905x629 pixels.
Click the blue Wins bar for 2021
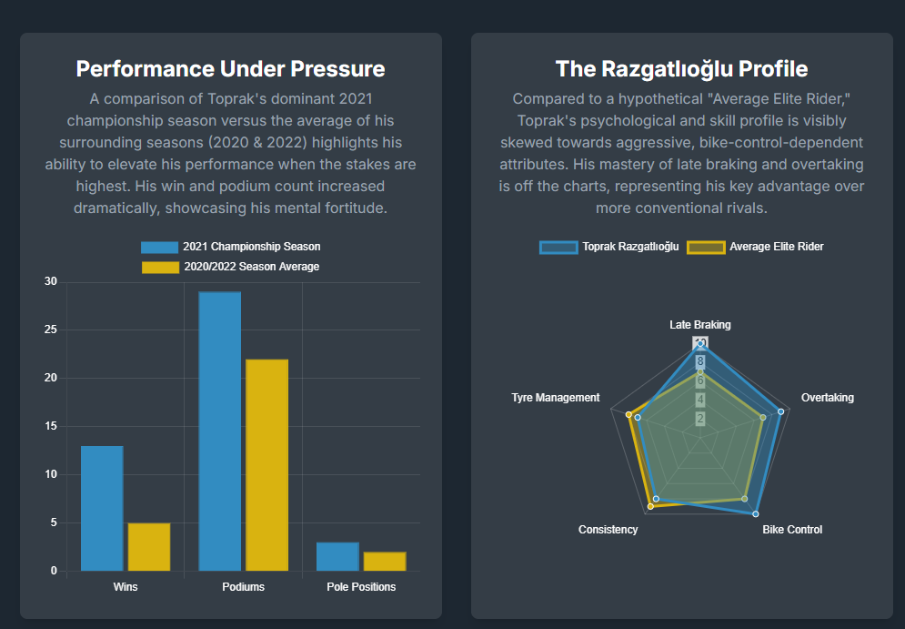click(x=102, y=508)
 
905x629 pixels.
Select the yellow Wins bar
click(x=149, y=546)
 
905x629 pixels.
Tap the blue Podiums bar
click(x=220, y=431)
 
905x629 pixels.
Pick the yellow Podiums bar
click(x=266, y=465)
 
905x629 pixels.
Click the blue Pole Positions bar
click(x=337, y=556)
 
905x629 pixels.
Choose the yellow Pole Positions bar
click(x=385, y=561)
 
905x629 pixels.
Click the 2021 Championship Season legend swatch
click(x=159, y=247)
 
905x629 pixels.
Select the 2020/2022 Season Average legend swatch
click(x=160, y=267)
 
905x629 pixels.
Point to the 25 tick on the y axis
click(x=50, y=330)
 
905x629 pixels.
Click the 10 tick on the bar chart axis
click(x=50, y=474)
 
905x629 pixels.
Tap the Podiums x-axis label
click(x=243, y=587)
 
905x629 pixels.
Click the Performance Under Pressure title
click(x=230, y=69)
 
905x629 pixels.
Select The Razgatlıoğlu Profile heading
click(x=681, y=69)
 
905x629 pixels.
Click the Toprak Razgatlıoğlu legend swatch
click(x=558, y=247)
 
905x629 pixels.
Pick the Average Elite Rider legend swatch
click(x=706, y=247)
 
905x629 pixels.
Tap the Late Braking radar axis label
click(x=699, y=325)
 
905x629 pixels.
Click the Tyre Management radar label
click(x=556, y=398)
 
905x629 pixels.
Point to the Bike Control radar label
click(x=792, y=530)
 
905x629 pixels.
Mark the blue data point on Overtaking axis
click(x=780, y=411)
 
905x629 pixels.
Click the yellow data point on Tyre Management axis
click(x=628, y=414)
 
